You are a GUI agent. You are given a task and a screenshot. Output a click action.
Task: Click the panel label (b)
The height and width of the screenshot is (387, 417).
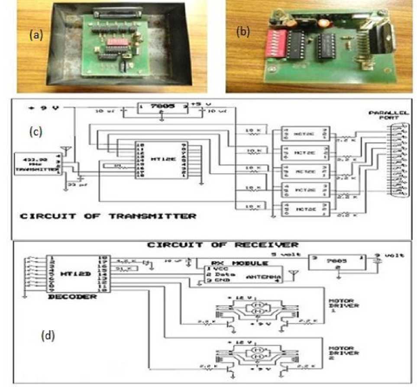243,32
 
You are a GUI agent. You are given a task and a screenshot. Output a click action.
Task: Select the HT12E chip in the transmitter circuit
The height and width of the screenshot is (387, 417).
161,159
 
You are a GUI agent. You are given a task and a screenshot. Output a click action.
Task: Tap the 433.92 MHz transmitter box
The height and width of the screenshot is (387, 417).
37,163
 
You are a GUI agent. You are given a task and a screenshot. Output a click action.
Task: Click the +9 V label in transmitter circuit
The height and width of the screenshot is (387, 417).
42,107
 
